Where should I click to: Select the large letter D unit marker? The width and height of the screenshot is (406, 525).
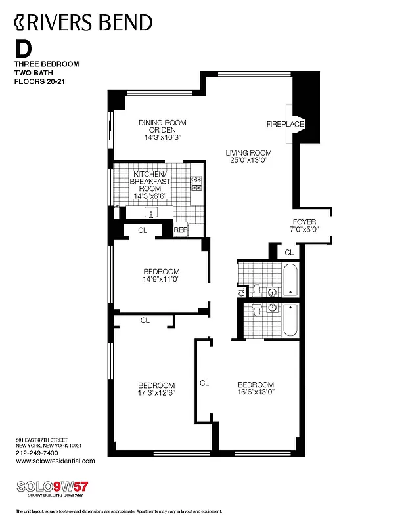click(24, 49)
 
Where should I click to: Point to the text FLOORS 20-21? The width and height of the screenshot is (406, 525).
click(41, 82)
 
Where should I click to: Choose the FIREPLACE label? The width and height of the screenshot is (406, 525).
click(285, 124)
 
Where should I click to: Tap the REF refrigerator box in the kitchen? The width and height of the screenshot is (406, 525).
click(181, 230)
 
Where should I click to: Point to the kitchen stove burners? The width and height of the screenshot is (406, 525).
click(196, 184)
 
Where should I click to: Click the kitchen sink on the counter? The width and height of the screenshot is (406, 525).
click(152, 213)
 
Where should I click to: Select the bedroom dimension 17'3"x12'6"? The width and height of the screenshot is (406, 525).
click(156, 393)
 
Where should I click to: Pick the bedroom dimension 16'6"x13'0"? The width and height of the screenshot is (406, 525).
click(256, 392)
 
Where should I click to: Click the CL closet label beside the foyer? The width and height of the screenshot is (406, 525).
click(289, 252)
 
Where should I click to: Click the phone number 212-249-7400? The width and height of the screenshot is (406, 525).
click(36, 453)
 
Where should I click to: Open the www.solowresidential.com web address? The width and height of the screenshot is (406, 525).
click(55, 461)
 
